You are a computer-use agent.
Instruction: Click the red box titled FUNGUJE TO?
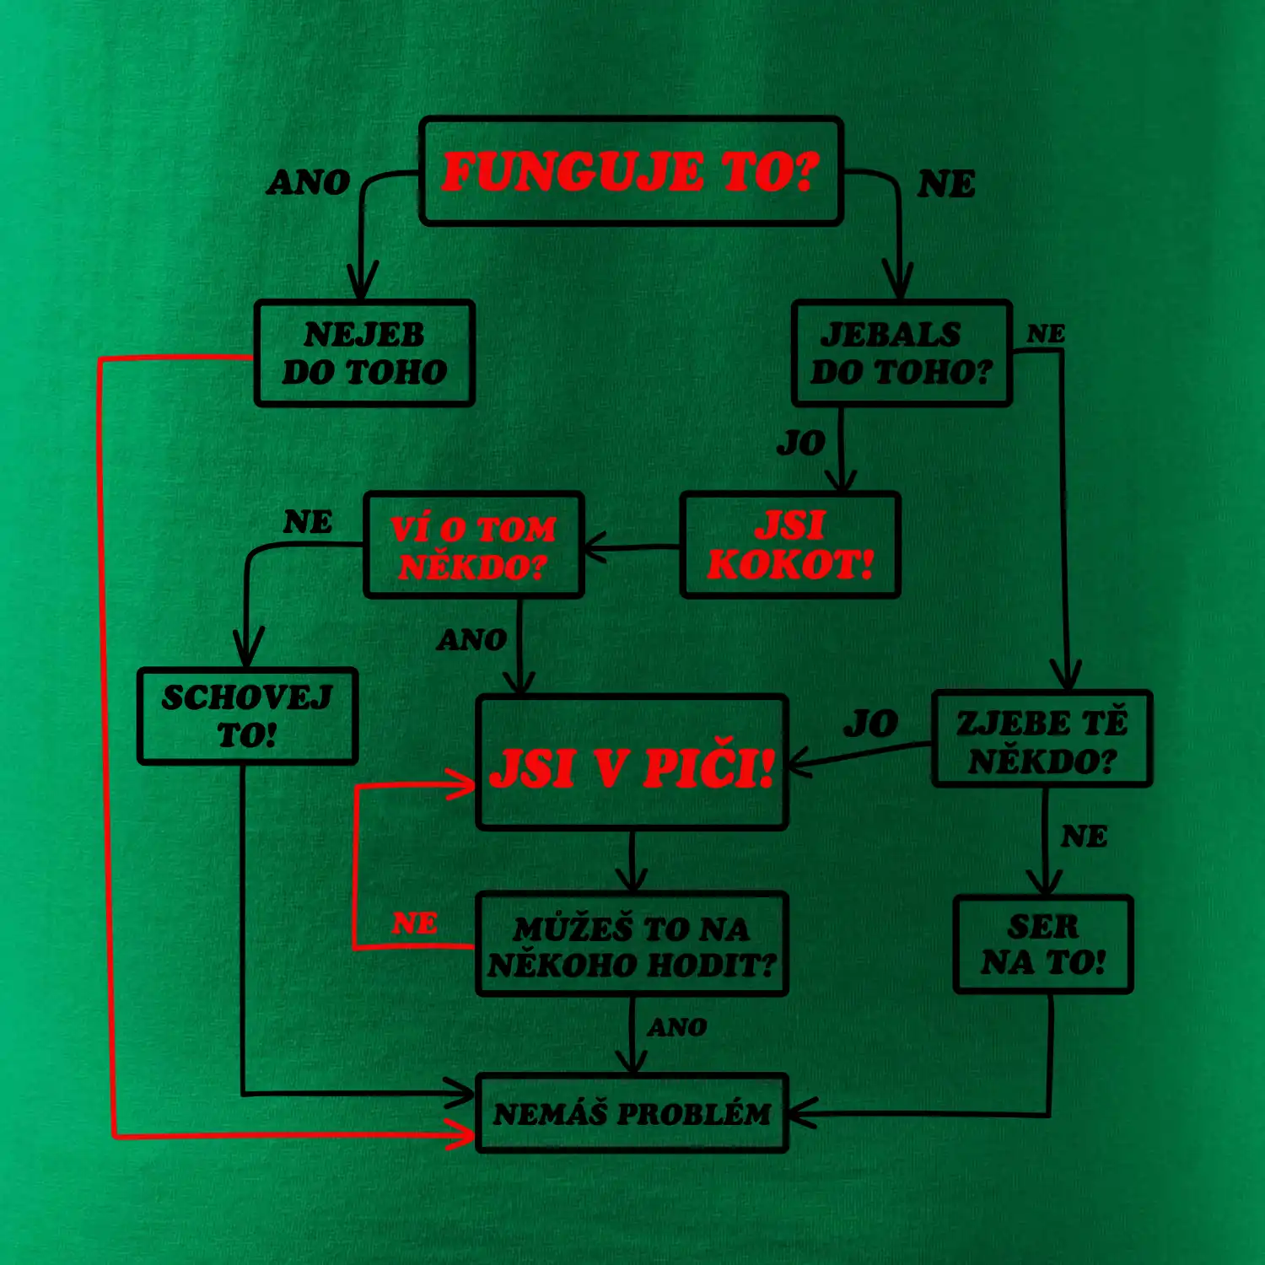(631, 171)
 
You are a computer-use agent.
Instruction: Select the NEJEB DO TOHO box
(364, 353)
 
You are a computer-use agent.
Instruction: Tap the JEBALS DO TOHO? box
(901, 353)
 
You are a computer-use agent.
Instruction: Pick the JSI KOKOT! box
(790, 546)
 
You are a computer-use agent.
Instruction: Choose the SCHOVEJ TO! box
(247, 716)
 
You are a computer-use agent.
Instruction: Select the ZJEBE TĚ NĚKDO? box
(1042, 740)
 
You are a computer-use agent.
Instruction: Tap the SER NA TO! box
(1043, 945)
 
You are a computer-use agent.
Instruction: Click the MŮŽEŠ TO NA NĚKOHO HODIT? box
(632, 945)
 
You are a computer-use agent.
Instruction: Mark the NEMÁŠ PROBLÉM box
(632, 1113)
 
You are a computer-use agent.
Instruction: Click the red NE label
(414, 923)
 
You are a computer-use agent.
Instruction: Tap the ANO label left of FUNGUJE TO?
(309, 182)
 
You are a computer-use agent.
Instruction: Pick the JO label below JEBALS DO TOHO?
(800, 443)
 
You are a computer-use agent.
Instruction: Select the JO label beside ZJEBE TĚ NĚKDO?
(870, 724)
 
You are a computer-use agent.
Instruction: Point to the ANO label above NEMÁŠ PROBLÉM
(677, 1027)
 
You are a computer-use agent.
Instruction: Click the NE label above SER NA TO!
(1084, 837)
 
